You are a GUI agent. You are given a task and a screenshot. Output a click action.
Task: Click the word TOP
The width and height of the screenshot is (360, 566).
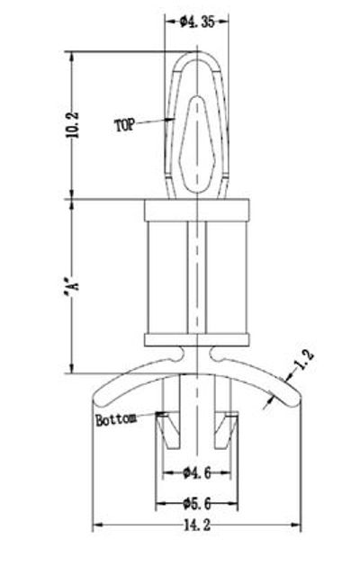[125, 125]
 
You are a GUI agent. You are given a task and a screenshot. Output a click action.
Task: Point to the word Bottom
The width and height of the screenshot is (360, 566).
[115, 418]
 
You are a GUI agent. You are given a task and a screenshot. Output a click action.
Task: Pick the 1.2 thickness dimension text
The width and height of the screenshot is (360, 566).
[304, 361]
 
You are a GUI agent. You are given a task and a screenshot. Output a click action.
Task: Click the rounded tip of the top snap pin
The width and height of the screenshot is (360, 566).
[196, 56]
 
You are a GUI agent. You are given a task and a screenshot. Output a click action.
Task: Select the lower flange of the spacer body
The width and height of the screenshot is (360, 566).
[196, 339]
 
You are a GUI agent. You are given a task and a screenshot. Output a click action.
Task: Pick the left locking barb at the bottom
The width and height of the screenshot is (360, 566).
[165, 430]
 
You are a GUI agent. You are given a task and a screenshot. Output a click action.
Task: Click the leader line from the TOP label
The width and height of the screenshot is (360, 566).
[155, 120]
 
